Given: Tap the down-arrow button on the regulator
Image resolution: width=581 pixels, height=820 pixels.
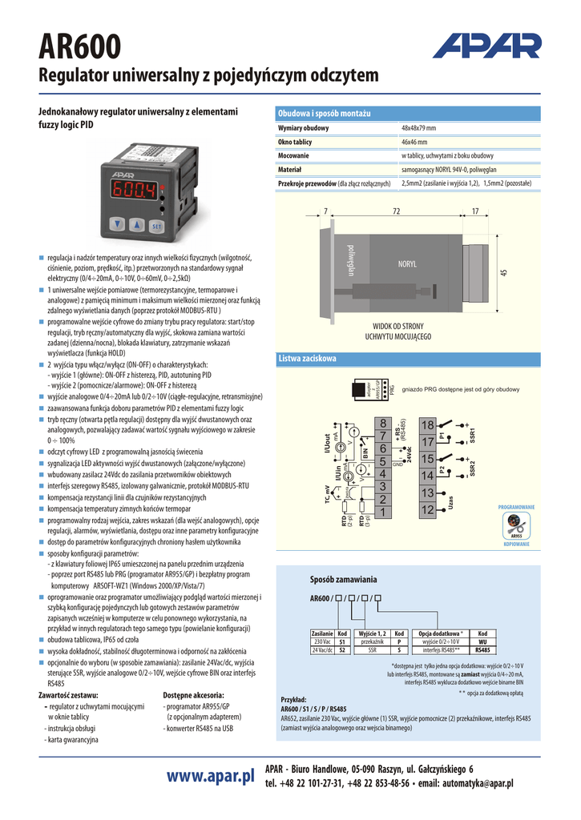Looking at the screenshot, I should (119, 225).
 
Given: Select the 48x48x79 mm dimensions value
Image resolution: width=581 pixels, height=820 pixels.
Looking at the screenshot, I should (418, 128).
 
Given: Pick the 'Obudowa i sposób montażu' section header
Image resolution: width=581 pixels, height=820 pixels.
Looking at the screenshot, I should (324, 114).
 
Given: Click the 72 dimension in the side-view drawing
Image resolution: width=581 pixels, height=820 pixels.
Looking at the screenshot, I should (396, 211).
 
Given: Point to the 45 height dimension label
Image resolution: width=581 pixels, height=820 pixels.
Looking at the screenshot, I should (503, 273).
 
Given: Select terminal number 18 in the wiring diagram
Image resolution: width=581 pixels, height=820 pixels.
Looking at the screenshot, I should (427, 424).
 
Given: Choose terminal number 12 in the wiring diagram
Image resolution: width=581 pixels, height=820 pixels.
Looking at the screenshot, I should (427, 509).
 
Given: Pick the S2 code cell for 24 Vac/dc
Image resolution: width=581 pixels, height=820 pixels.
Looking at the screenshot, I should (342, 650).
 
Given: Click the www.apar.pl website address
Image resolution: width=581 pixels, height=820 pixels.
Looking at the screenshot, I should (211, 776).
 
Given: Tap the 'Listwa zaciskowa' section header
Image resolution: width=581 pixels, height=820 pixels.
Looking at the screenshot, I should (307, 358).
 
